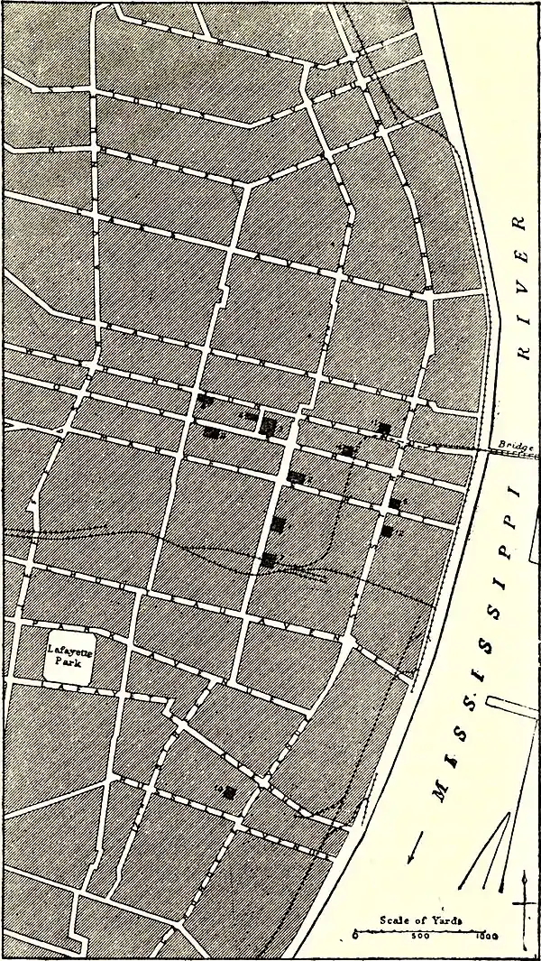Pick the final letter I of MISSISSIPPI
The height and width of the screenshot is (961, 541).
click(517, 493)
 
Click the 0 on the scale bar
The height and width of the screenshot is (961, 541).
click(356, 935)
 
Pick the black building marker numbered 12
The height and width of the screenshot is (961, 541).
click(388, 531)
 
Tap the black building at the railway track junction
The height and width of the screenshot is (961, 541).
click(268, 560)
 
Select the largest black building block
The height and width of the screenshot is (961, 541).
click(269, 425)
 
